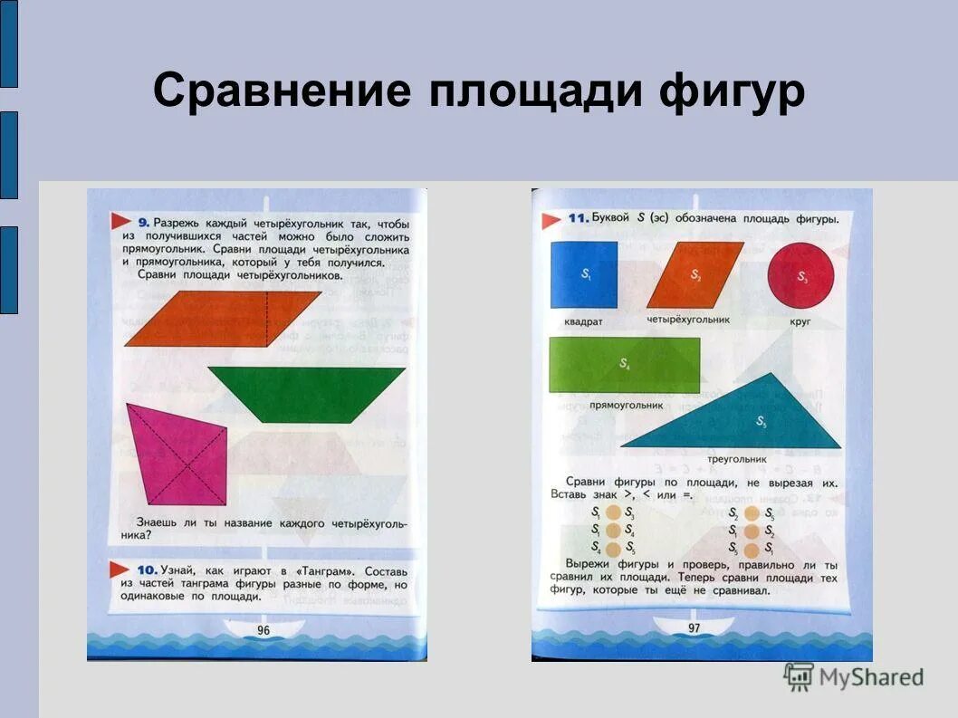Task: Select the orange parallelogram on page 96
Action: tap(222, 318)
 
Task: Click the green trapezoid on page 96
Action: tap(306, 393)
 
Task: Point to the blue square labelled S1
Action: tap(583, 274)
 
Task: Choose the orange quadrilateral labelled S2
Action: tap(695, 274)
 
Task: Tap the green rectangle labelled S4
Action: tap(624, 365)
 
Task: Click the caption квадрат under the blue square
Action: tap(583, 321)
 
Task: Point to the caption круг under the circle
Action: tap(800, 321)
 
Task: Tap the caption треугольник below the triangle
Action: tap(737, 459)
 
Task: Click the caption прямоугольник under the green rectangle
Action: tap(627, 406)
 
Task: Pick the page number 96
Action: tap(263, 631)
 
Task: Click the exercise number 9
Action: tap(144, 222)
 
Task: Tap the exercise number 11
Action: tap(578, 219)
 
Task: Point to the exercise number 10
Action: tap(148, 570)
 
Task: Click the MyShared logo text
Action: tap(870, 676)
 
